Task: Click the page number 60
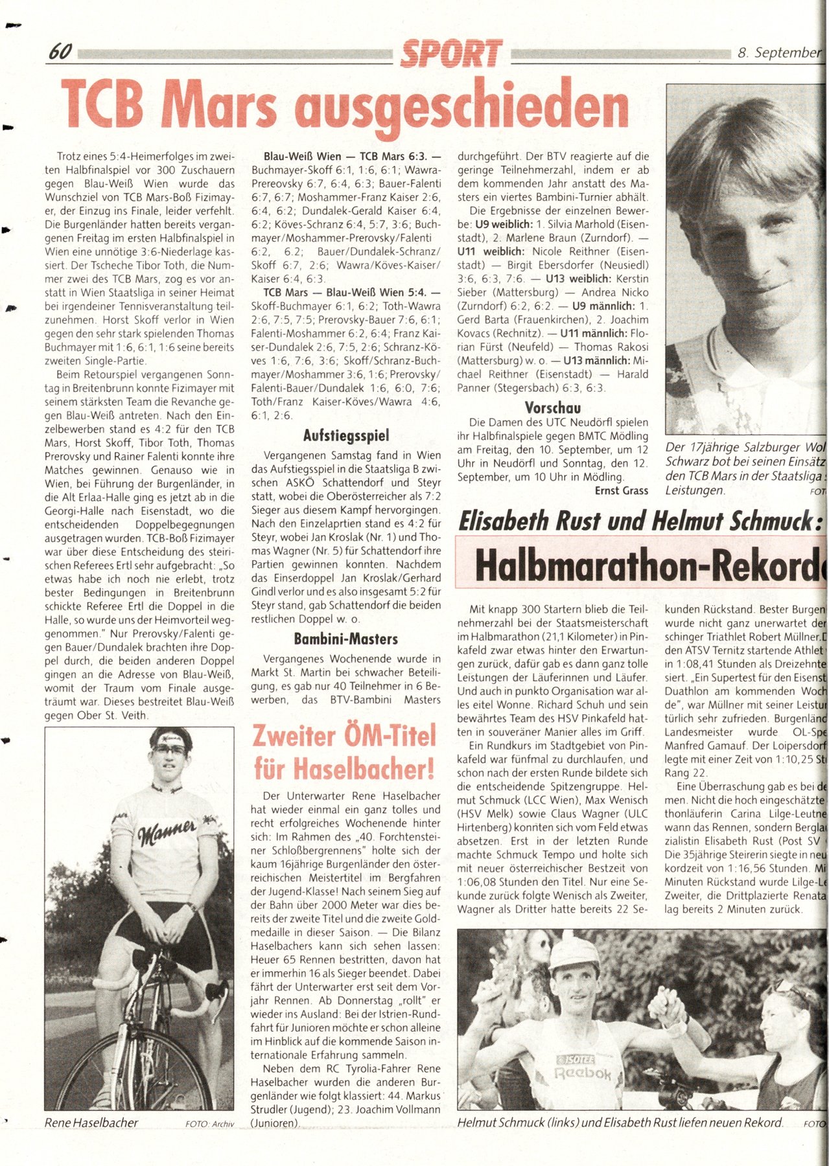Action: (60, 52)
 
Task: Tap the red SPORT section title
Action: (451, 54)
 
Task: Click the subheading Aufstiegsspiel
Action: (346, 435)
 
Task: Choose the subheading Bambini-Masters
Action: (346, 639)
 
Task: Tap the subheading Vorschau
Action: (553, 407)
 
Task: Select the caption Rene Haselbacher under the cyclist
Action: (91, 1123)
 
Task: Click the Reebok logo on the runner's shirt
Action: (582, 1073)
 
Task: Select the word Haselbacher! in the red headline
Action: (344, 769)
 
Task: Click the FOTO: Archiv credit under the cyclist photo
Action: (209, 1124)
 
